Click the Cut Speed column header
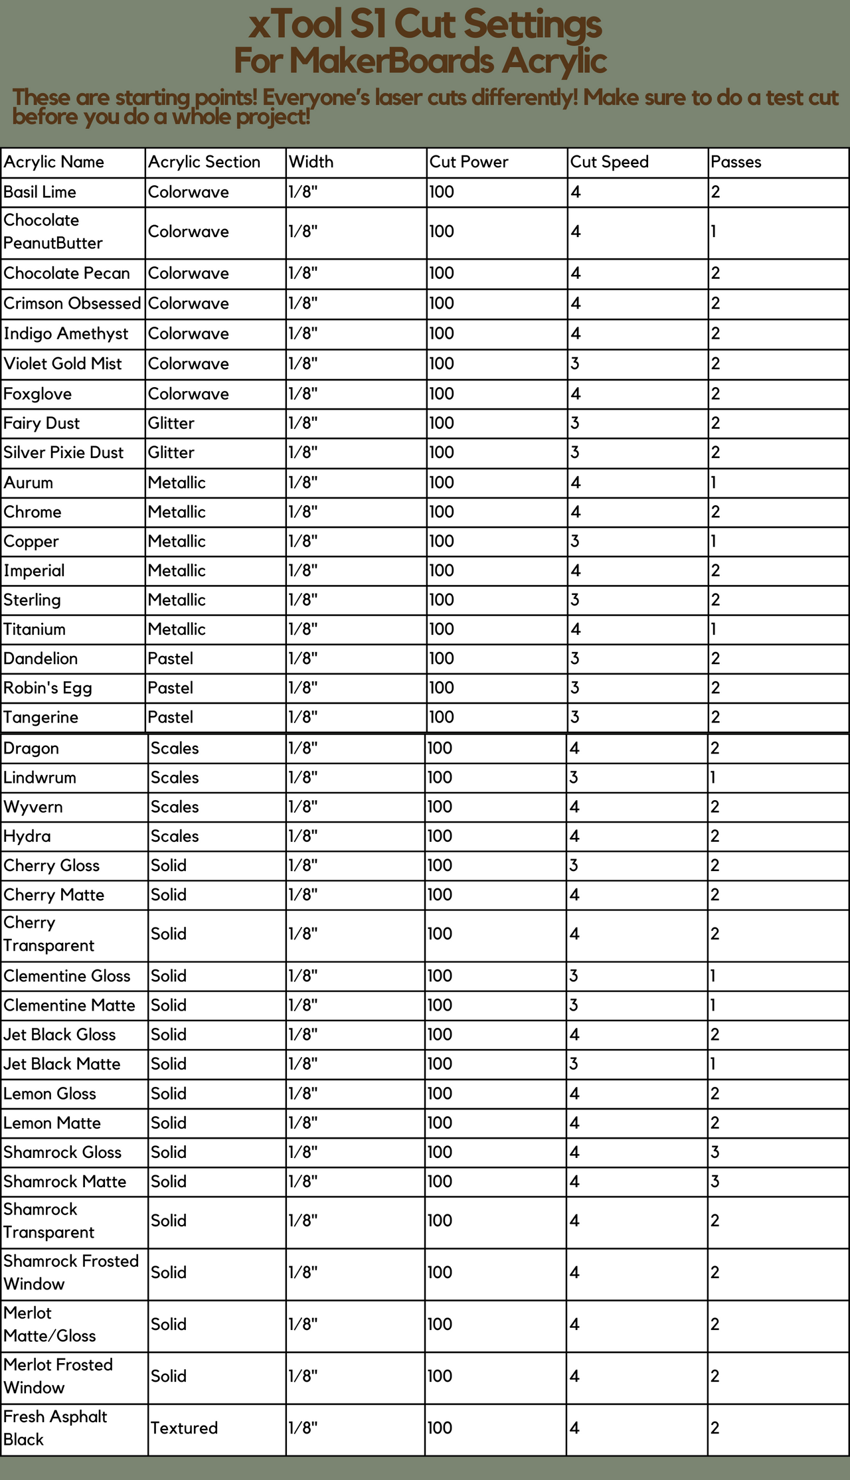609,162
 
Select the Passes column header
736,162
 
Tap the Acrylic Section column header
204,162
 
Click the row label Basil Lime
40,192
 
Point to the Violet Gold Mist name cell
63,364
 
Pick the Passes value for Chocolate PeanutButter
714,232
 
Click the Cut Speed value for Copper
575,541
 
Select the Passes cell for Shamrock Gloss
715,1152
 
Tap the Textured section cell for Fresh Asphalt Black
184,1428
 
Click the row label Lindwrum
40,778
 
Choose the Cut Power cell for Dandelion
441,659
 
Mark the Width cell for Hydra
303,836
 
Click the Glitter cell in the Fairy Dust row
171,423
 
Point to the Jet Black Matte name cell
62,1064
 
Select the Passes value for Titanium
714,629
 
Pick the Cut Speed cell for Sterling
575,600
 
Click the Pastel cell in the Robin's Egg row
171,687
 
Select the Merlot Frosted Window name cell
58,1376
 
